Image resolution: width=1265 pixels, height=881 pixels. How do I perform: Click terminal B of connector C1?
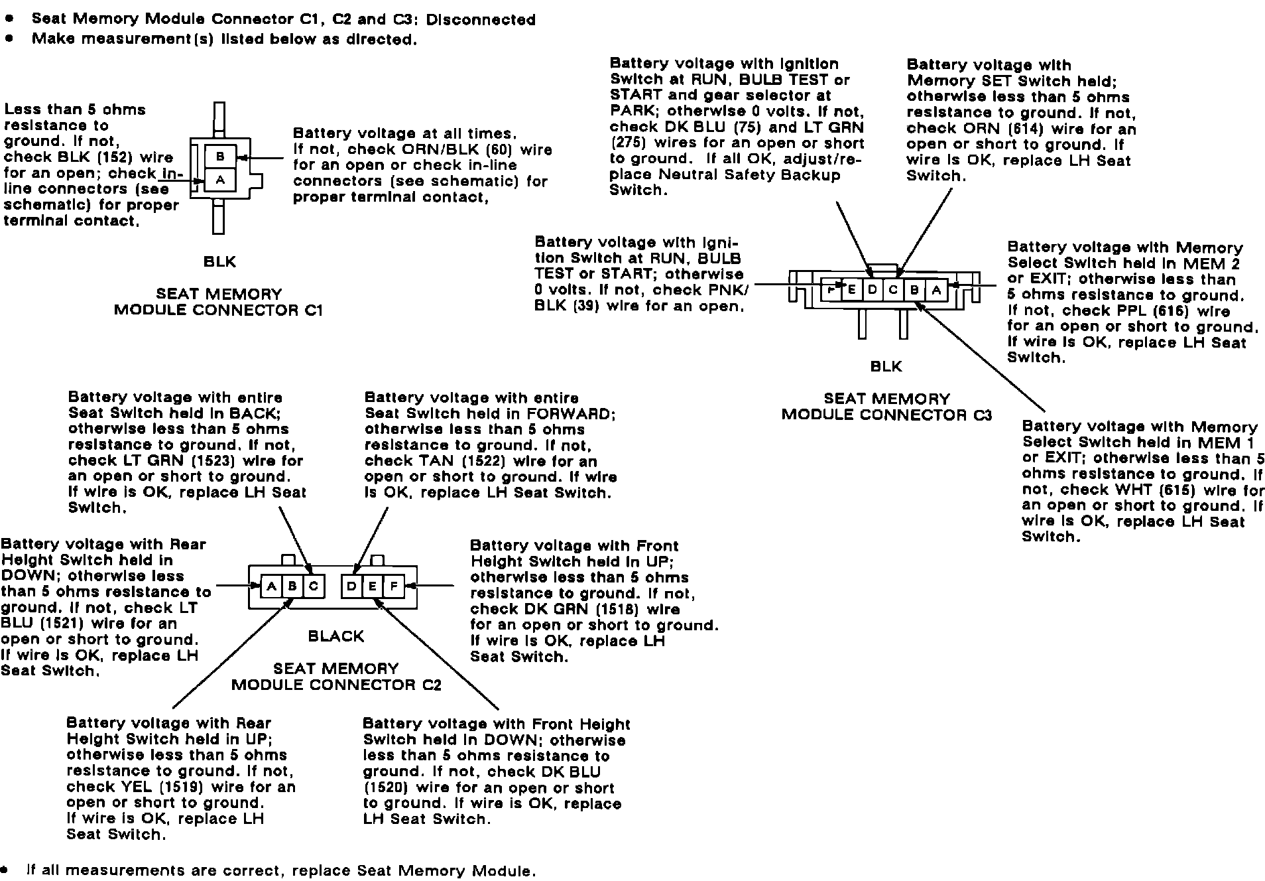tap(221, 157)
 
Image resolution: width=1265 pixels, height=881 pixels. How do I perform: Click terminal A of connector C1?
tap(221, 180)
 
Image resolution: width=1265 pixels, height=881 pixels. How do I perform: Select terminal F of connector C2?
tap(393, 586)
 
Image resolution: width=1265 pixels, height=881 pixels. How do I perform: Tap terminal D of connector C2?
tap(352, 586)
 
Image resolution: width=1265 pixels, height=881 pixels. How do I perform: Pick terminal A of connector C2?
tap(271, 586)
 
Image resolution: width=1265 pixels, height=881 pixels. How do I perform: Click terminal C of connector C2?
tap(314, 586)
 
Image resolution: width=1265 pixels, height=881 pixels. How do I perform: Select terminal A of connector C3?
tap(936, 290)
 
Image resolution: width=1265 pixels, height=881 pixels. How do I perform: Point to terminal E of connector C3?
tap(852, 290)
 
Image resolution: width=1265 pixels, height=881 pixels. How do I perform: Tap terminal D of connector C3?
tap(873, 290)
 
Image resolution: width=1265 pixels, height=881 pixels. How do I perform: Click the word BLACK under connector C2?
tap(336, 636)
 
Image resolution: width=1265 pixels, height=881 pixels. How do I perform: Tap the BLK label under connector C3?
tap(886, 366)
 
